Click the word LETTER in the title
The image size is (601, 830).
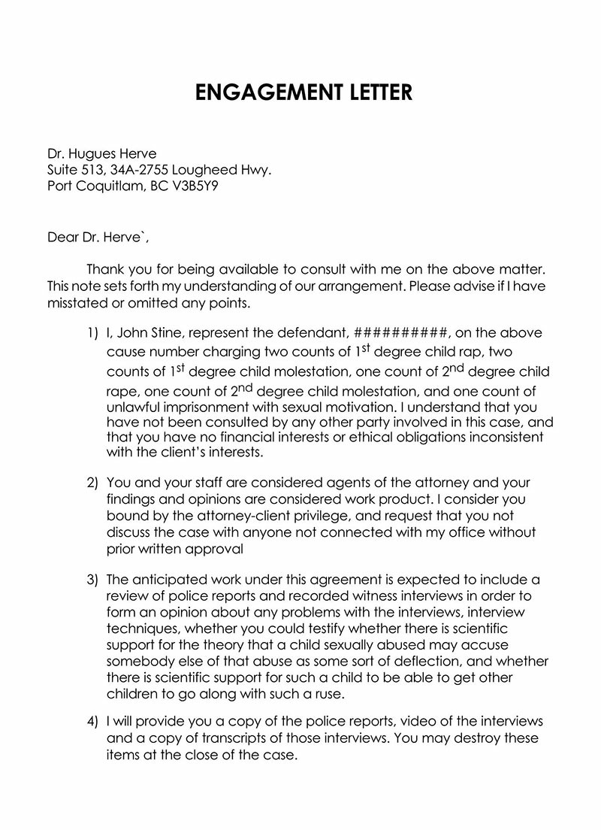pos(373,92)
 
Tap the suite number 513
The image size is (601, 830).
pos(95,170)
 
